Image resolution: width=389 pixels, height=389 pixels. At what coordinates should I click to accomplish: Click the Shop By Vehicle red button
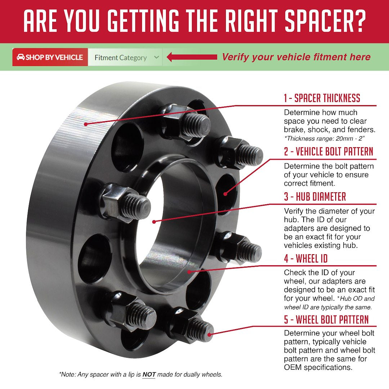[x=50, y=57]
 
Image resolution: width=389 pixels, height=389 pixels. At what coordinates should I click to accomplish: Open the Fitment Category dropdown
[x=125, y=58]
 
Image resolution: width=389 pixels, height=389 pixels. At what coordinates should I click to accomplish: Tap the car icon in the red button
[x=21, y=57]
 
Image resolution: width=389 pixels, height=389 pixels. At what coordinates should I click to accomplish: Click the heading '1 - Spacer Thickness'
[x=322, y=98]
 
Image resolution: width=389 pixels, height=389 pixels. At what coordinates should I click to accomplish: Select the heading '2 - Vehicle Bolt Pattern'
[x=328, y=152]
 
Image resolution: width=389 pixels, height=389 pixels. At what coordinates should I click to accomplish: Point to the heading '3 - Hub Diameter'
[x=315, y=197]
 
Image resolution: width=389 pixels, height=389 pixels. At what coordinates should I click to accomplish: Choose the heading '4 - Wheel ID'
[x=306, y=258]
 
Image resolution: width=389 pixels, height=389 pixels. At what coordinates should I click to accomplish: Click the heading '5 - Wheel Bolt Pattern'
[x=326, y=319]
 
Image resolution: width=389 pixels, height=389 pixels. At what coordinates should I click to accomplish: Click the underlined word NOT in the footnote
[x=149, y=375]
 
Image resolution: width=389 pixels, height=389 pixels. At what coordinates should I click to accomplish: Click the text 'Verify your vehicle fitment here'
[x=296, y=57]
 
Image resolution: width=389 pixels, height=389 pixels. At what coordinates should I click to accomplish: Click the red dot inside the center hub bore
[x=154, y=222]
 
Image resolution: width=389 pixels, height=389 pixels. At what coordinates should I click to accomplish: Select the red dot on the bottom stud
[x=211, y=334]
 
